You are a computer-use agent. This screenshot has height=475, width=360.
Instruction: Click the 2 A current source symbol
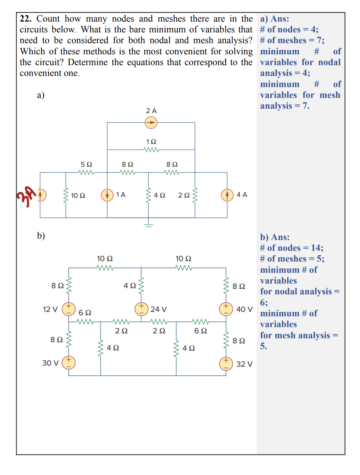pyautogui.click(x=151, y=123)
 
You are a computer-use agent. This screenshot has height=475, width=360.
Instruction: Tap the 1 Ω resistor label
pyautogui.click(x=151, y=142)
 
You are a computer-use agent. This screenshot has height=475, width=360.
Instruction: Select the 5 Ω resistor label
pyautogui.click(x=86, y=164)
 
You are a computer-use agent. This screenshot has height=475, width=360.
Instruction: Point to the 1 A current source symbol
pyautogui.click(x=107, y=195)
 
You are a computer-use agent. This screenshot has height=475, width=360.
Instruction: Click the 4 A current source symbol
pyautogui.click(x=227, y=195)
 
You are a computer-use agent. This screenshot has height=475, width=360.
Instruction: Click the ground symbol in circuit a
pyautogui.click(x=149, y=225)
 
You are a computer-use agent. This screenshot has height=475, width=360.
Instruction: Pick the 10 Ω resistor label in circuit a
pyautogui.click(x=78, y=196)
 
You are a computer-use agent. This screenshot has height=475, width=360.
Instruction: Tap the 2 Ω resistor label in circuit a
pyautogui.click(x=184, y=195)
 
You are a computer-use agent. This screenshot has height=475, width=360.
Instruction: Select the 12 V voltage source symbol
pyautogui.click(x=68, y=309)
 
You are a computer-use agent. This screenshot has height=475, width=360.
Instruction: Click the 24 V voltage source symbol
pyautogui.click(x=141, y=309)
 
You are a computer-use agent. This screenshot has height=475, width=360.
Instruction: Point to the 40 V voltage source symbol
pyautogui.click(x=226, y=309)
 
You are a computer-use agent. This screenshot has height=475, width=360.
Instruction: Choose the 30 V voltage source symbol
pyautogui.click(x=68, y=363)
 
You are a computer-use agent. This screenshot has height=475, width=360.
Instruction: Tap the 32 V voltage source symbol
pyautogui.click(x=226, y=363)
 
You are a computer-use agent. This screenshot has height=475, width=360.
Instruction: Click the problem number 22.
pyautogui.click(x=26, y=19)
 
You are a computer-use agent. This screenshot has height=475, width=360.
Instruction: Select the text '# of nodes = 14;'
pyautogui.click(x=292, y=248)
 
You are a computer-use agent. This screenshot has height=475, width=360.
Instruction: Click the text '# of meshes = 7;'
pyautogui.click(x=292, y=40)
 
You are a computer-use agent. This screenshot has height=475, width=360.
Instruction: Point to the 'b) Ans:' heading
pyautogui.click(x=275, y=237)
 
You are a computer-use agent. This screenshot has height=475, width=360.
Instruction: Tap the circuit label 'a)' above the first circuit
pyautogui.click(x=41, y=95)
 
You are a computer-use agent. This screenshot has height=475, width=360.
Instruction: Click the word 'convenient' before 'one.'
pyautogui.click(x=40, y=73)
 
